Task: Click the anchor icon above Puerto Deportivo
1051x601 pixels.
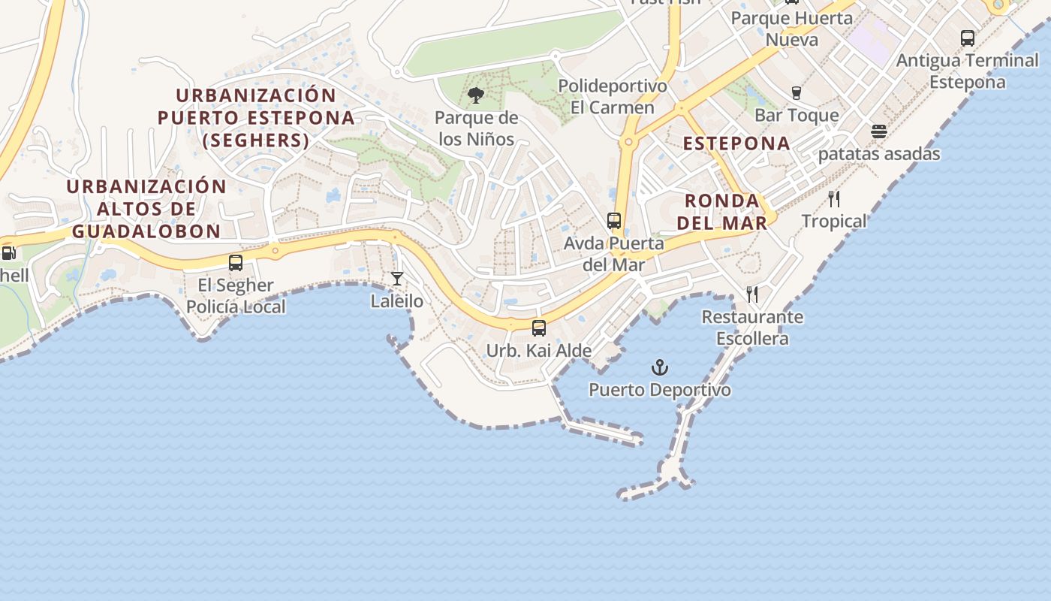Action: pyautogui.click(x=659, y=367)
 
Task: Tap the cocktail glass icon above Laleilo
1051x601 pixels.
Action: pyautogui.click(x=397, y=279)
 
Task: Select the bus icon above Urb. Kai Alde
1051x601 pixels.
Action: pyautogui.click(x=539, y=328)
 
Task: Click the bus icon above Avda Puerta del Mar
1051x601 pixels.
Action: pyautogui.click(x=614, y=220)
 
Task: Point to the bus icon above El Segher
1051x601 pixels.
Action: pyautogui.click(x=236, y=263)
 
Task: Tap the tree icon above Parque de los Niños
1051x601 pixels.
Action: pyautogui.click(x=475, y=95)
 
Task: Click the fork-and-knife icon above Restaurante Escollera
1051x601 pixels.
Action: pyautogui.click(x=752, y=294)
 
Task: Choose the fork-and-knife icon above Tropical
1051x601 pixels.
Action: pyautogui.click(x=834, y=199)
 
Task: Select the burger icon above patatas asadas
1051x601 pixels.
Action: pyautogui.click(x=879, y=131)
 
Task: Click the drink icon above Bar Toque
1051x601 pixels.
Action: pyautogui.click(x=797, y=92)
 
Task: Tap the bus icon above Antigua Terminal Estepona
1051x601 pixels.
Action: pyautogui.click(x=968, y=38)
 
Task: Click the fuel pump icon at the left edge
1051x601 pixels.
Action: pyautogui.click(x=8, y=253)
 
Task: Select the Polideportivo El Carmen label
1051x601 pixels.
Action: pyautogui.click(x=613, y=97)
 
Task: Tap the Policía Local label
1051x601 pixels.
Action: pyautogui.click(x=236, y=307)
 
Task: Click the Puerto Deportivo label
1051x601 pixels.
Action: pyautogui.click(x=659, y=390)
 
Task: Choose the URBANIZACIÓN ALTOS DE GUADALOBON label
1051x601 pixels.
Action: pyautogui.click(x=146, y=209)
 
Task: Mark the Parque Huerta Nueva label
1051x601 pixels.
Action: pyautogui.click(x=792, y=29)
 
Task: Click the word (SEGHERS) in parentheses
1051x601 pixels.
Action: pyautogui.click(x=256, y=140)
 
